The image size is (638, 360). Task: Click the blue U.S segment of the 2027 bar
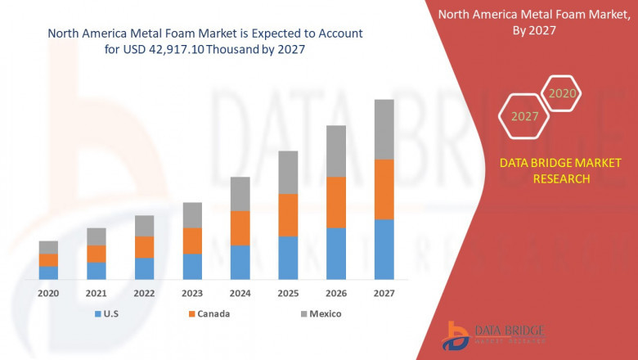point(384,250)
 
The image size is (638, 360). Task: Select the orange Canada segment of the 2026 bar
point(336,202)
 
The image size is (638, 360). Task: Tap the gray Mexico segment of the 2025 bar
point(288,172)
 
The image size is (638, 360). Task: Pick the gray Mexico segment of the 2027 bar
point(384,129)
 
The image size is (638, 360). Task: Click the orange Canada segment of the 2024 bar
point(240,227)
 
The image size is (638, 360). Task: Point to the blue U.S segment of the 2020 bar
point(48,272)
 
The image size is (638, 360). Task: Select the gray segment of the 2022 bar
point(144,226)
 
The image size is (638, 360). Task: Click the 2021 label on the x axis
point(97,293)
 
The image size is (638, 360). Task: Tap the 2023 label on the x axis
point(192,293)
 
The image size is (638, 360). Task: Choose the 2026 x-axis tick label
point(336,293)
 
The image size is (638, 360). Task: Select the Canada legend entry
point(209,313)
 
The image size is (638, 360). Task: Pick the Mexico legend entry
point(319,313)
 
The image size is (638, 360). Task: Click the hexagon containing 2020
point(561,93)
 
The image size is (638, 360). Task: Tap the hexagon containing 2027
point(525,116)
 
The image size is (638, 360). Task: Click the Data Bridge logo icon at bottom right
point(456,335)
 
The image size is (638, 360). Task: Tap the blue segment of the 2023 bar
point(192,266)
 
